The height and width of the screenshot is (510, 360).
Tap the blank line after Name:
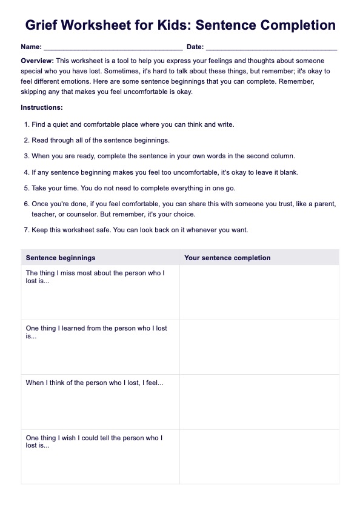[x=113, y=47]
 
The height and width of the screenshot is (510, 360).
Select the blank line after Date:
[x=272, y=47]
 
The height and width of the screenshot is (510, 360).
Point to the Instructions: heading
[x=42, y=107]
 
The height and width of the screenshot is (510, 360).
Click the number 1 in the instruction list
[x=26, y=124]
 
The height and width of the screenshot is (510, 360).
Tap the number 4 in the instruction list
[x=26, y=172]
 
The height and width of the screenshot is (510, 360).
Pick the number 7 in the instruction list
[x=26, y=230]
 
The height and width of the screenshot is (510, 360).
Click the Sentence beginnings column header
[x=61, y=258]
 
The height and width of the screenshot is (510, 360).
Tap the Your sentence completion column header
[x=227, y=258]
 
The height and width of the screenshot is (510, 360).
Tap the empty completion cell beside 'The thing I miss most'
[x=259, y=292]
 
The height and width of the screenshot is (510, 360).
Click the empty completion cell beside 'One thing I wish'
[x=259, y=456]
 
